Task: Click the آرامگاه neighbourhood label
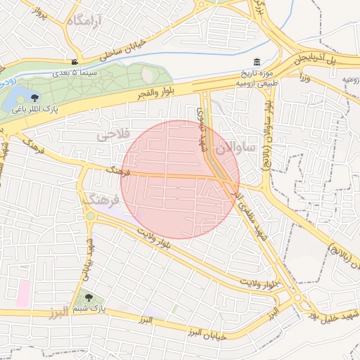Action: click(84, 21)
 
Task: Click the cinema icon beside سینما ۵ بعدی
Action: click(75, 62)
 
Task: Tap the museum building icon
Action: click(255, 63)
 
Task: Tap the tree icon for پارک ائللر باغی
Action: click(35, 98)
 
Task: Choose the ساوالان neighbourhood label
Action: click(235, 148)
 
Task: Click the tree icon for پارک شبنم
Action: click(88, 297)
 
